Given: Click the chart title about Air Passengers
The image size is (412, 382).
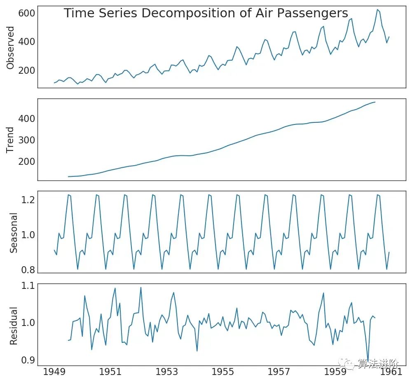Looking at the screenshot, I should click(206, 14).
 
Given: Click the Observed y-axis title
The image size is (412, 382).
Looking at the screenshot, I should click(11, 48).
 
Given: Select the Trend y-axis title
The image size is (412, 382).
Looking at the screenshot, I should click(11, 140).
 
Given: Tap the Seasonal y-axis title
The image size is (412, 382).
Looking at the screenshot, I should click(14, 233).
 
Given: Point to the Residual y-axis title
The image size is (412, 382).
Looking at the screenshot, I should click(14, 326).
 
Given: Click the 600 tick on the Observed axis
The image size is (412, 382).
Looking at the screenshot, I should click(26, 14).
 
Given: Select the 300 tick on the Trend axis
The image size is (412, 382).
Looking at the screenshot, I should click(26, 140).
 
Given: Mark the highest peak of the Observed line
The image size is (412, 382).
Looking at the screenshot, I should click(377, 9).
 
